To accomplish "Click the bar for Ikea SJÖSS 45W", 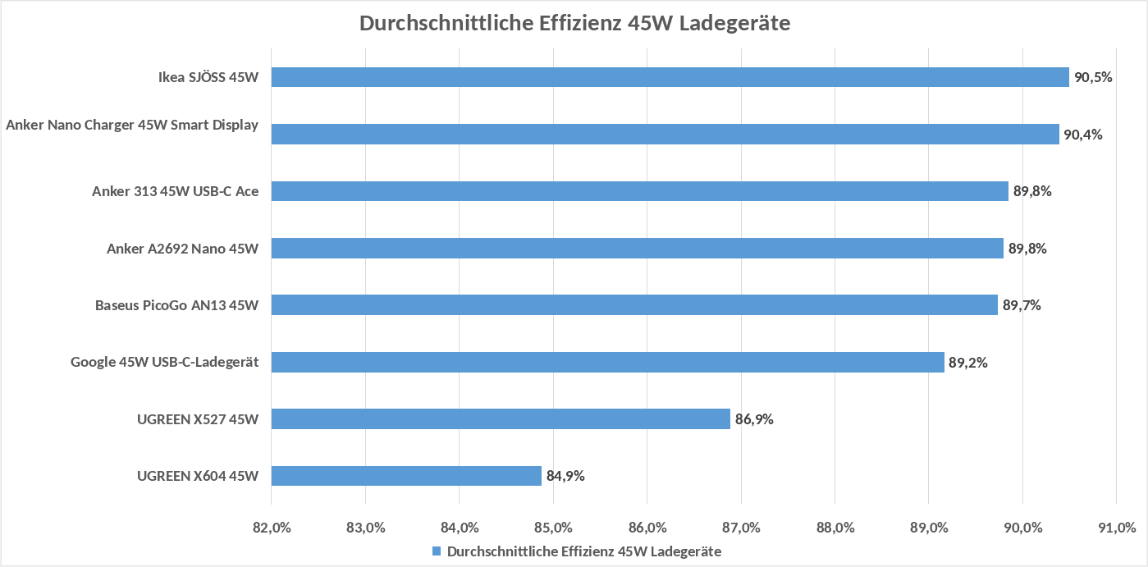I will click(670, 77).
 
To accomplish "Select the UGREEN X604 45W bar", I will click(406, 476).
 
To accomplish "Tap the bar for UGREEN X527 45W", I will click(501, 419).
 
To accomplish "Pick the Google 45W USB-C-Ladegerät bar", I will click(607, 362).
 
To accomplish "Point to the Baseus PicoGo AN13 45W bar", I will click(634, 305).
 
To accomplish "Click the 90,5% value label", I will click(1093, 78).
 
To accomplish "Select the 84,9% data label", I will click(565, 476).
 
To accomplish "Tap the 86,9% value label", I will click(754, 419).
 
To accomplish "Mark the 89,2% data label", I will click(968, 362).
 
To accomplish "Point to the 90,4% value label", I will click(1083, 135).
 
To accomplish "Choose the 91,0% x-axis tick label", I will click(1116, 527).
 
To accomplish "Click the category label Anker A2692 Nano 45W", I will click(182, 249).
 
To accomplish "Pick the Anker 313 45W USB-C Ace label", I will click(175, 191).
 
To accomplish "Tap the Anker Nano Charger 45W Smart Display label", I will click(132, 125).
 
